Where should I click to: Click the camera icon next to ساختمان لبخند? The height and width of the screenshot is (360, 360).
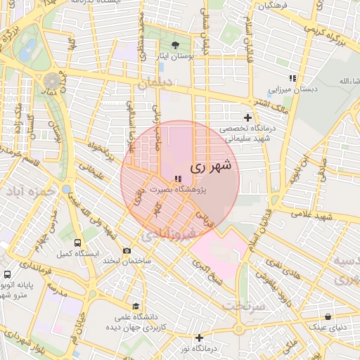coord(127,250)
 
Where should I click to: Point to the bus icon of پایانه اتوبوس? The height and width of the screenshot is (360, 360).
coord(7,274)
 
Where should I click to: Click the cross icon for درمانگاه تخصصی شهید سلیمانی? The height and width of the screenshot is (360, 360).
coord(247,117)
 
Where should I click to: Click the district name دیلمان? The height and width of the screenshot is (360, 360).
coord(155,83)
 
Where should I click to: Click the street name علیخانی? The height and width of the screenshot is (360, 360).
coord(93,167)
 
